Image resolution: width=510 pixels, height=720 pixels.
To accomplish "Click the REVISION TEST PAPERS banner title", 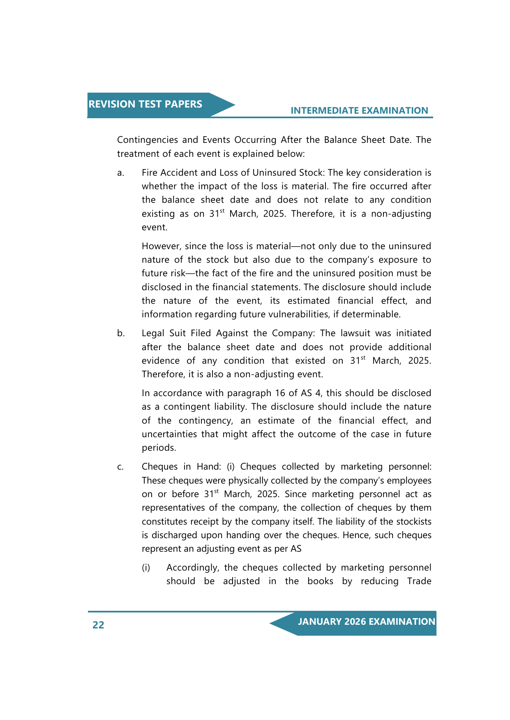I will tap(145, 104).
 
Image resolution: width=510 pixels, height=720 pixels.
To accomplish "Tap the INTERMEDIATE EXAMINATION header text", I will tap(359, 110).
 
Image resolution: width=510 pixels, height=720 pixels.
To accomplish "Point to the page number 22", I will tap(98, 625).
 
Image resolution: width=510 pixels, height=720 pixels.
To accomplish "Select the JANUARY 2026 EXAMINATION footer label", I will tap(366, 621).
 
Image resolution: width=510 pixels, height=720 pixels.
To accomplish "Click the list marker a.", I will tap(120, 173).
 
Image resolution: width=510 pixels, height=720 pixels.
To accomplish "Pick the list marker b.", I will tap(121, 333).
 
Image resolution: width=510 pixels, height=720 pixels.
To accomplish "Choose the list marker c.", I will tap(120, 467).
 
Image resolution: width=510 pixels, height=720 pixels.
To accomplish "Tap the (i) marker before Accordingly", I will tap(146, 568).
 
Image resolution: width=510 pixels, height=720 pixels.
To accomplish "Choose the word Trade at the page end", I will tap(419, 581).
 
